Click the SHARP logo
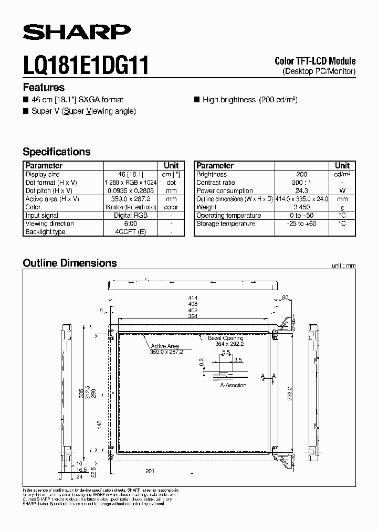(x=77, y=33)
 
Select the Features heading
(x=44, y=88)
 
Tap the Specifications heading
(x=57, y=152)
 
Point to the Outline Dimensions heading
(x=70, y=263)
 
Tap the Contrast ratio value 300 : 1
(x=301, y=183)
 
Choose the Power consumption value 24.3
(x=301, y=191)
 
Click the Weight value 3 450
(x=301, y=207)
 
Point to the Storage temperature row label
(x=226, y=224)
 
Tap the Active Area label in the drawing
(x=165, y=346)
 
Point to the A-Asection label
(x=233, y=385)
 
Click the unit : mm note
(x=343, y=266)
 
